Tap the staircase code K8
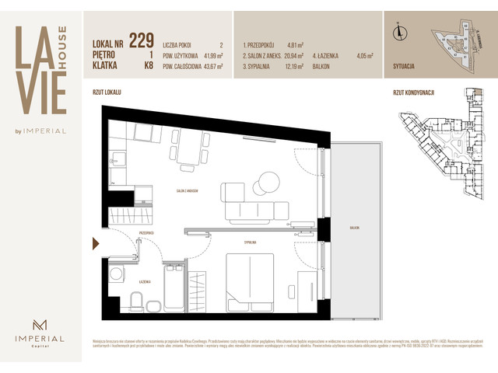148,66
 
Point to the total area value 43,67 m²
209,66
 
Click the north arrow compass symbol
398,32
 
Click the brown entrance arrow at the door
96,244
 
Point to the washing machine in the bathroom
117,274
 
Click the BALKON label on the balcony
355,228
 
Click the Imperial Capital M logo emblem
39,325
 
